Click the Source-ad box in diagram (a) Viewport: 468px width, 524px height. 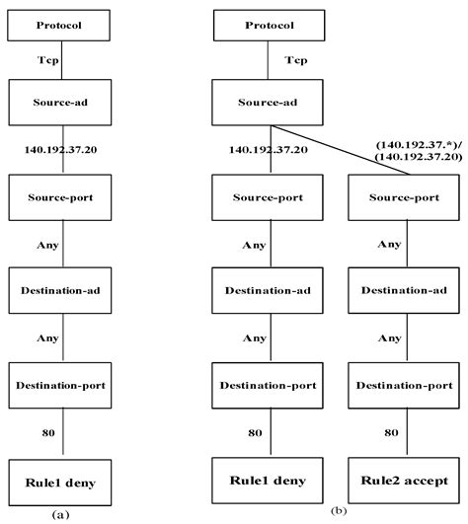(62, 102)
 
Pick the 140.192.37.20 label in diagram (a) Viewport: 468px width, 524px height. (62, 150)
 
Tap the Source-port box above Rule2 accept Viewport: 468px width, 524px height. (404, 197)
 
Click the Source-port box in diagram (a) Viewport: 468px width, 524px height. (62, 197)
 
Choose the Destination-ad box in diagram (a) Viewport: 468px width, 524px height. (62, 292)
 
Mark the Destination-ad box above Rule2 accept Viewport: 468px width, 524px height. (404, 292)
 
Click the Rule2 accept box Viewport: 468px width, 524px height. (404, 482)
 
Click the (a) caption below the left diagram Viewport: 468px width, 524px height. (60, 513)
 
